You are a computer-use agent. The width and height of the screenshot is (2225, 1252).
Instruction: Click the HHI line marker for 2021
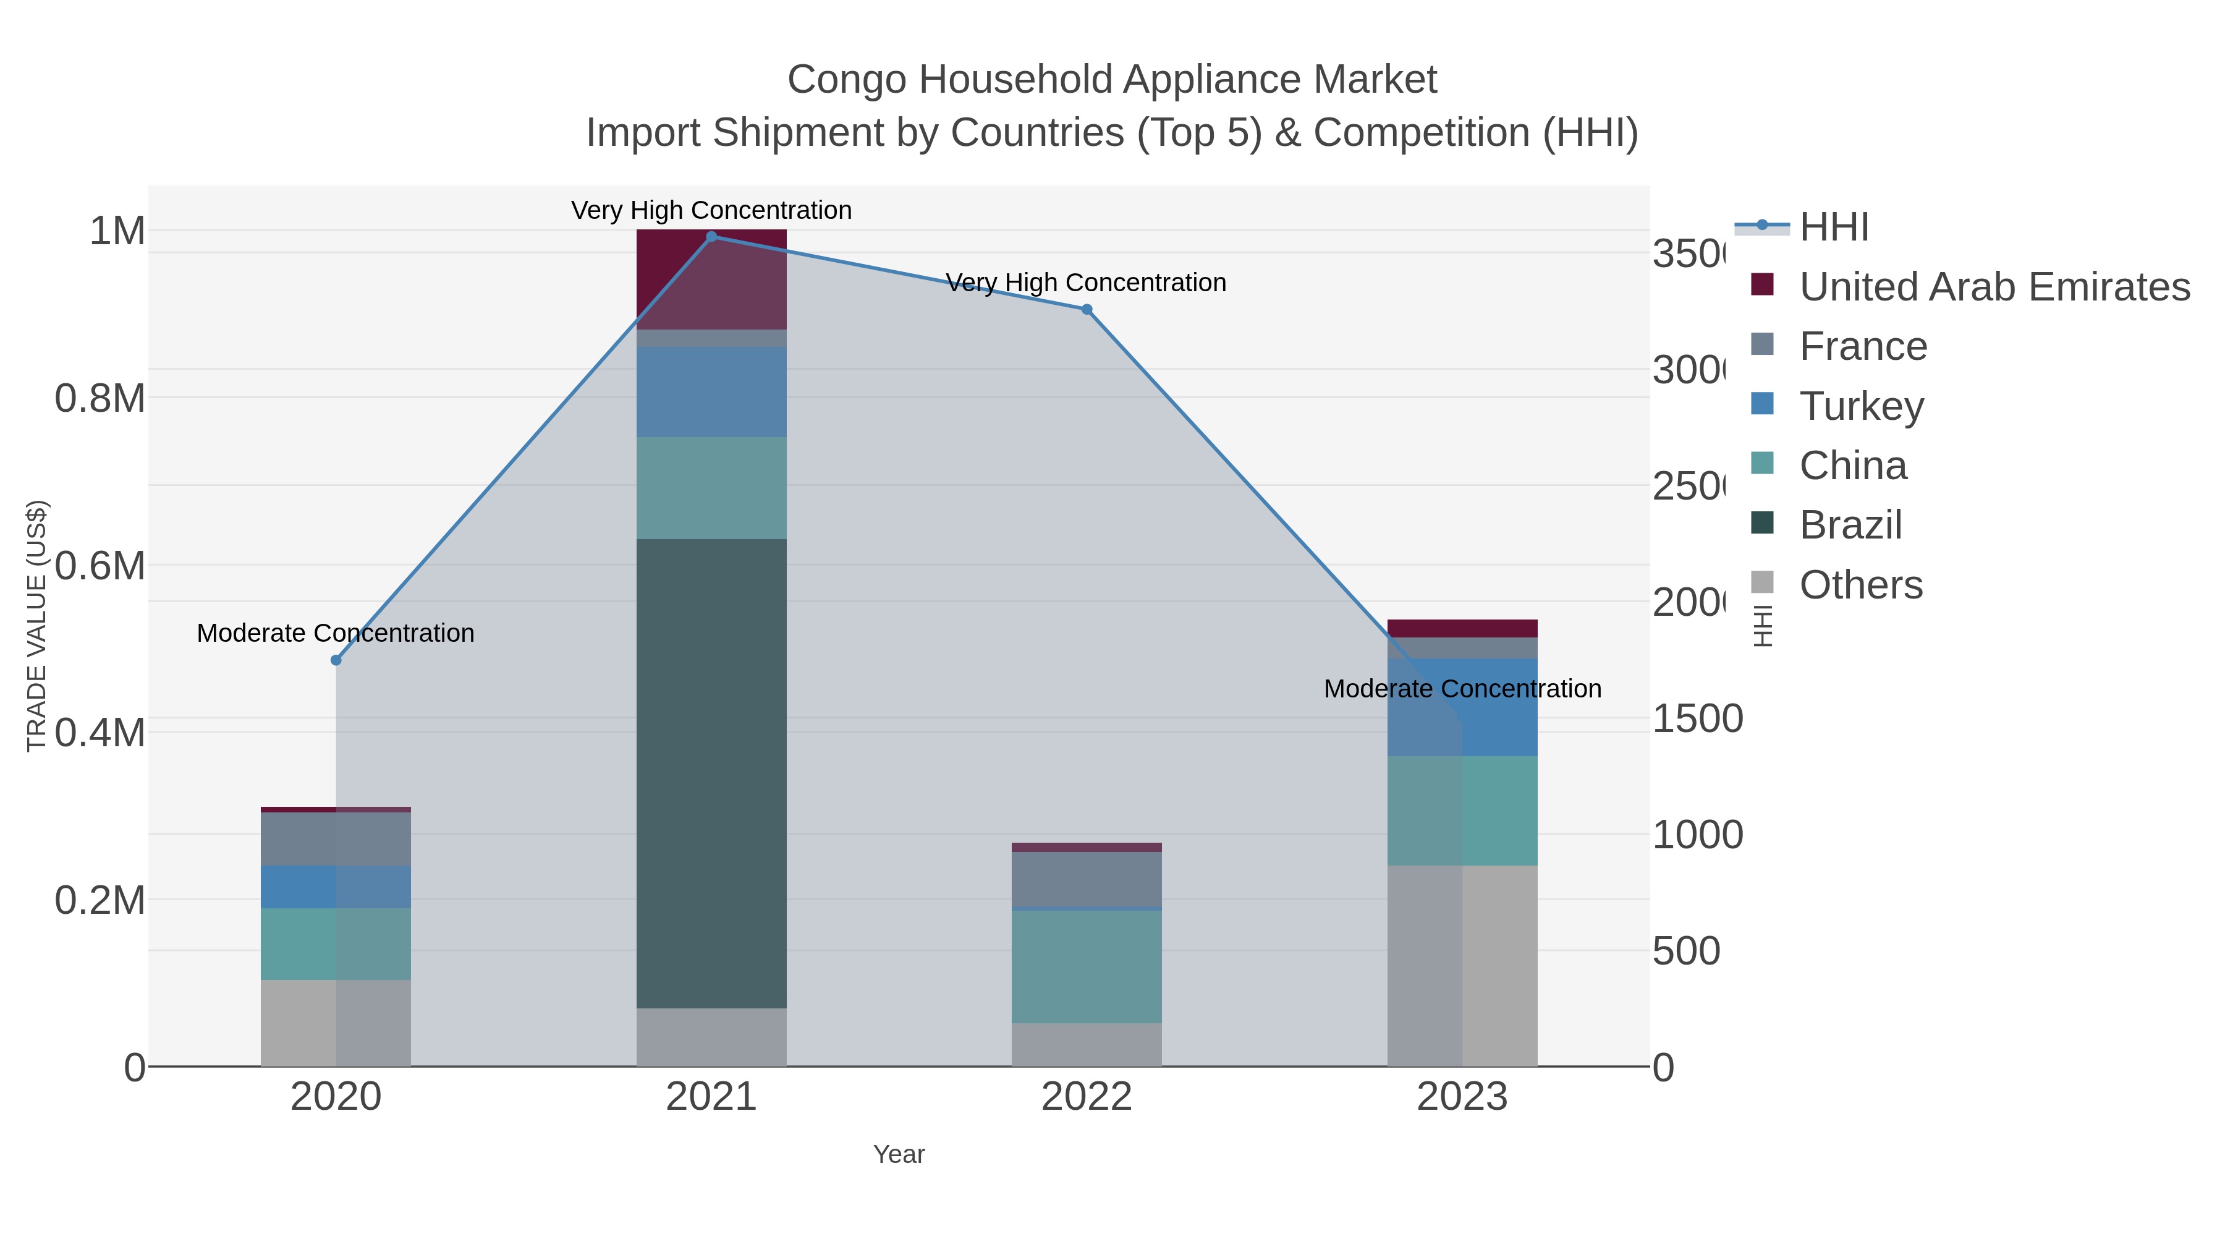pyautogui.click(x=711, y=237)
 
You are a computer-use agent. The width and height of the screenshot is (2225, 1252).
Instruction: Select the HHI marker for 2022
pyautogui.click(x=1087, y=309)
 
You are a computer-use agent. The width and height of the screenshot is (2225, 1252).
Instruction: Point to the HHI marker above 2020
pyautogui.click(x=336, y=660)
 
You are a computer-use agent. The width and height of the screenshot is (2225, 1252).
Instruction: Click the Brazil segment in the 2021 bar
pyautogui.click(x=711, y=773)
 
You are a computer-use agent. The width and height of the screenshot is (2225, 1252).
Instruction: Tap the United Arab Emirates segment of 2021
pyautogui.click(x=711, y=278)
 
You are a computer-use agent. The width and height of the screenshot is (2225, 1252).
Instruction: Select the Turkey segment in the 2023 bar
pyautogui.click(x=1462, y=707)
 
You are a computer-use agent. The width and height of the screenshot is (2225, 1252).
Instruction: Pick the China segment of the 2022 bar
pyautogui.click(x=1086, y=966)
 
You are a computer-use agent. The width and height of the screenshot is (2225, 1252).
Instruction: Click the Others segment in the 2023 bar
pyautogui.click(x=1462, y=965)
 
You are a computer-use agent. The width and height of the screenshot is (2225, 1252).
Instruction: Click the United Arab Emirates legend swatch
pyautogui.click(x=1762, y=285)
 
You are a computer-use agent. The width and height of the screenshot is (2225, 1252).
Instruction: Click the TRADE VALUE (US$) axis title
pyautogui.click(x=36, y=626)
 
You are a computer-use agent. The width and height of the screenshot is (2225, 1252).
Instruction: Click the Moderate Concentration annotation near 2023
pyautogui.click(x=1462, y=689)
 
